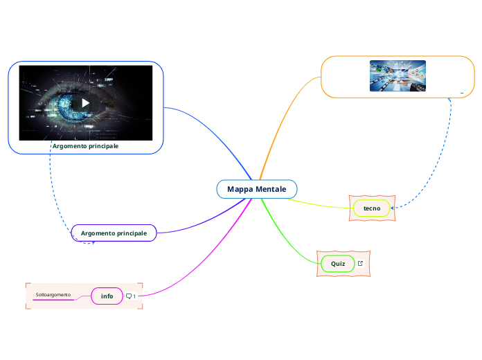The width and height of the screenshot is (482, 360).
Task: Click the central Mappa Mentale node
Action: (256, 189)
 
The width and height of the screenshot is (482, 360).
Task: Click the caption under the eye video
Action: (85, 146)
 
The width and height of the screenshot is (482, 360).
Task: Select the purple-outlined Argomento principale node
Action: (114, 233)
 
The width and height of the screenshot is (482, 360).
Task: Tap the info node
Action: (107, 296)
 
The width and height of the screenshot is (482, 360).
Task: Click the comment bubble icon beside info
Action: (128, 296)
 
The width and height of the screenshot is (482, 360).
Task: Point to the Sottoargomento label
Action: (53, 295)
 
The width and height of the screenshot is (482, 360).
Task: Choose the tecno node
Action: (372, 208)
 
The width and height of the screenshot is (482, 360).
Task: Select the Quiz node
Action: (338, 264)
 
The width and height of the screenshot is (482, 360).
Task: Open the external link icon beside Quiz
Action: (360, 264)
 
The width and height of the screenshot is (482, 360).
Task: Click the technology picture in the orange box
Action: (398, 75)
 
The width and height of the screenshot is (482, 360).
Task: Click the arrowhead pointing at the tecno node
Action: (393, 208)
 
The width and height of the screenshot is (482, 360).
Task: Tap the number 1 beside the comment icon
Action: (134, 296)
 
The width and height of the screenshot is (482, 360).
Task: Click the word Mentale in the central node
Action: (271, 189)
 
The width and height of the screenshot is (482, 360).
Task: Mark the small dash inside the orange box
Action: (461, 91)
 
